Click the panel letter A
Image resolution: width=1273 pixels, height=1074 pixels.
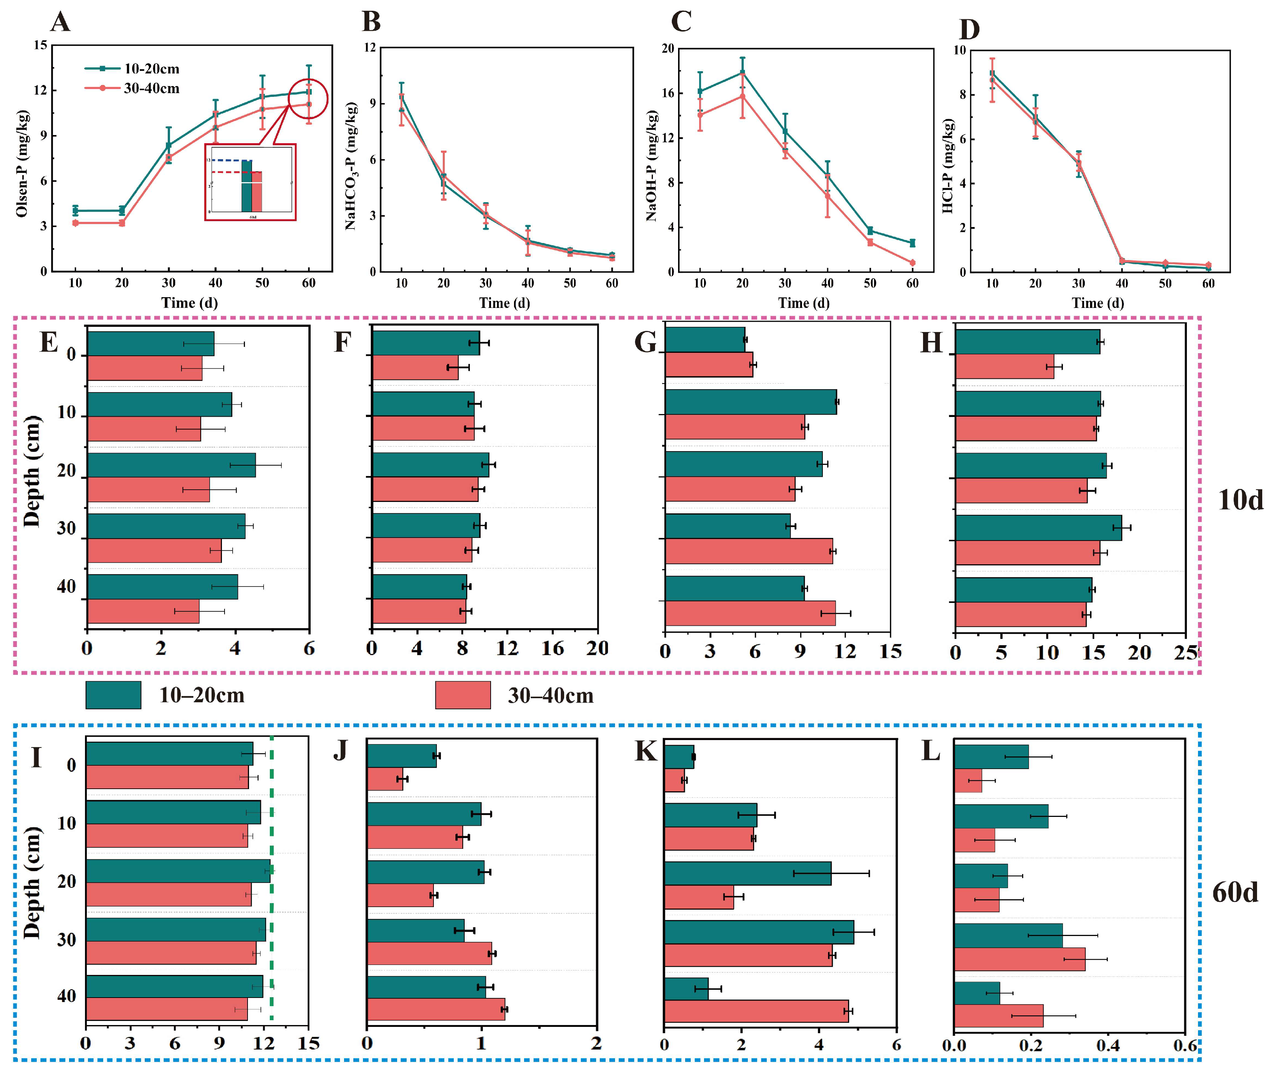pyautogui.click(x=60, y=23)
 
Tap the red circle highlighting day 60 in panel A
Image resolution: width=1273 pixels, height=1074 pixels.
pyautogui.click(x=308, y=99)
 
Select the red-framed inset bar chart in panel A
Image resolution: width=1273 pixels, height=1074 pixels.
pyautogui.click(x=251, y=182)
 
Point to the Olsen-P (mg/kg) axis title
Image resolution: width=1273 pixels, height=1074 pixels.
pyautogui.click(x=22, y=163)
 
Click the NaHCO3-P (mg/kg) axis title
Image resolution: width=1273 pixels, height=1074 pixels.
pyautogui.click(x=351, y=165)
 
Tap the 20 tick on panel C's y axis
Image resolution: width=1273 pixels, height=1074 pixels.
pyautogui.click(x=668, y=49)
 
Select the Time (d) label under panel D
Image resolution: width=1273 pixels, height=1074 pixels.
pyautogui.click(x=1097, y=303)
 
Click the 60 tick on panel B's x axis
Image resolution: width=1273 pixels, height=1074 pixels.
pyautogui.click(x=612, y=283)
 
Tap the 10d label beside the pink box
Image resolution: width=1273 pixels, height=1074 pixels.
pyautogui.click(x=1240, y=500)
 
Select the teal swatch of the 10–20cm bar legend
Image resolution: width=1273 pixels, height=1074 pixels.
pyautogui.click(x=113, y=695)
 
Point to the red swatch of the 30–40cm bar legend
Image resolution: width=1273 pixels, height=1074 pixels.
pyautogui.click(x=462, y=695)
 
